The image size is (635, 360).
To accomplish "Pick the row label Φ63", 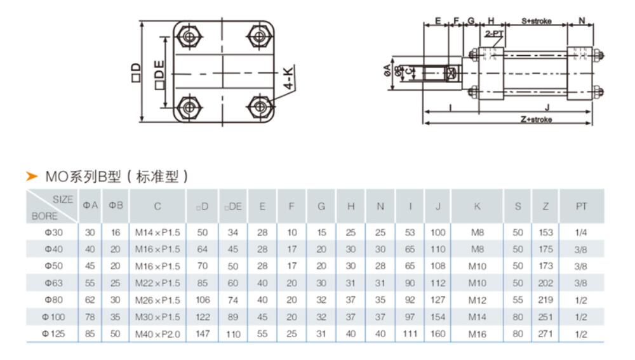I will coord(52,283).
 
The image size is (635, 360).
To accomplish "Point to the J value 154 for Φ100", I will coord(439,316).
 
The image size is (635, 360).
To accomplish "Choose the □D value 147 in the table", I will coord(203,333).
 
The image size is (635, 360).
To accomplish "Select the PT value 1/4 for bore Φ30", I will coord(580,233).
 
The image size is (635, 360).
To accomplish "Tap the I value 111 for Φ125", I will coord(410,333).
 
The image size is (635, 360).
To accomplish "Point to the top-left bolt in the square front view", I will coord(189,36).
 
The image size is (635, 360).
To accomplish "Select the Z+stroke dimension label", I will coord(536,119).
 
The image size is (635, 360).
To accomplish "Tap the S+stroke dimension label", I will coord(537,21).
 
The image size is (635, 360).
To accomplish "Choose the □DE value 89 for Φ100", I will coord(233,316).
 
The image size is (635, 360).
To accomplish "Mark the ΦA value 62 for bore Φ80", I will coord(90,300).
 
